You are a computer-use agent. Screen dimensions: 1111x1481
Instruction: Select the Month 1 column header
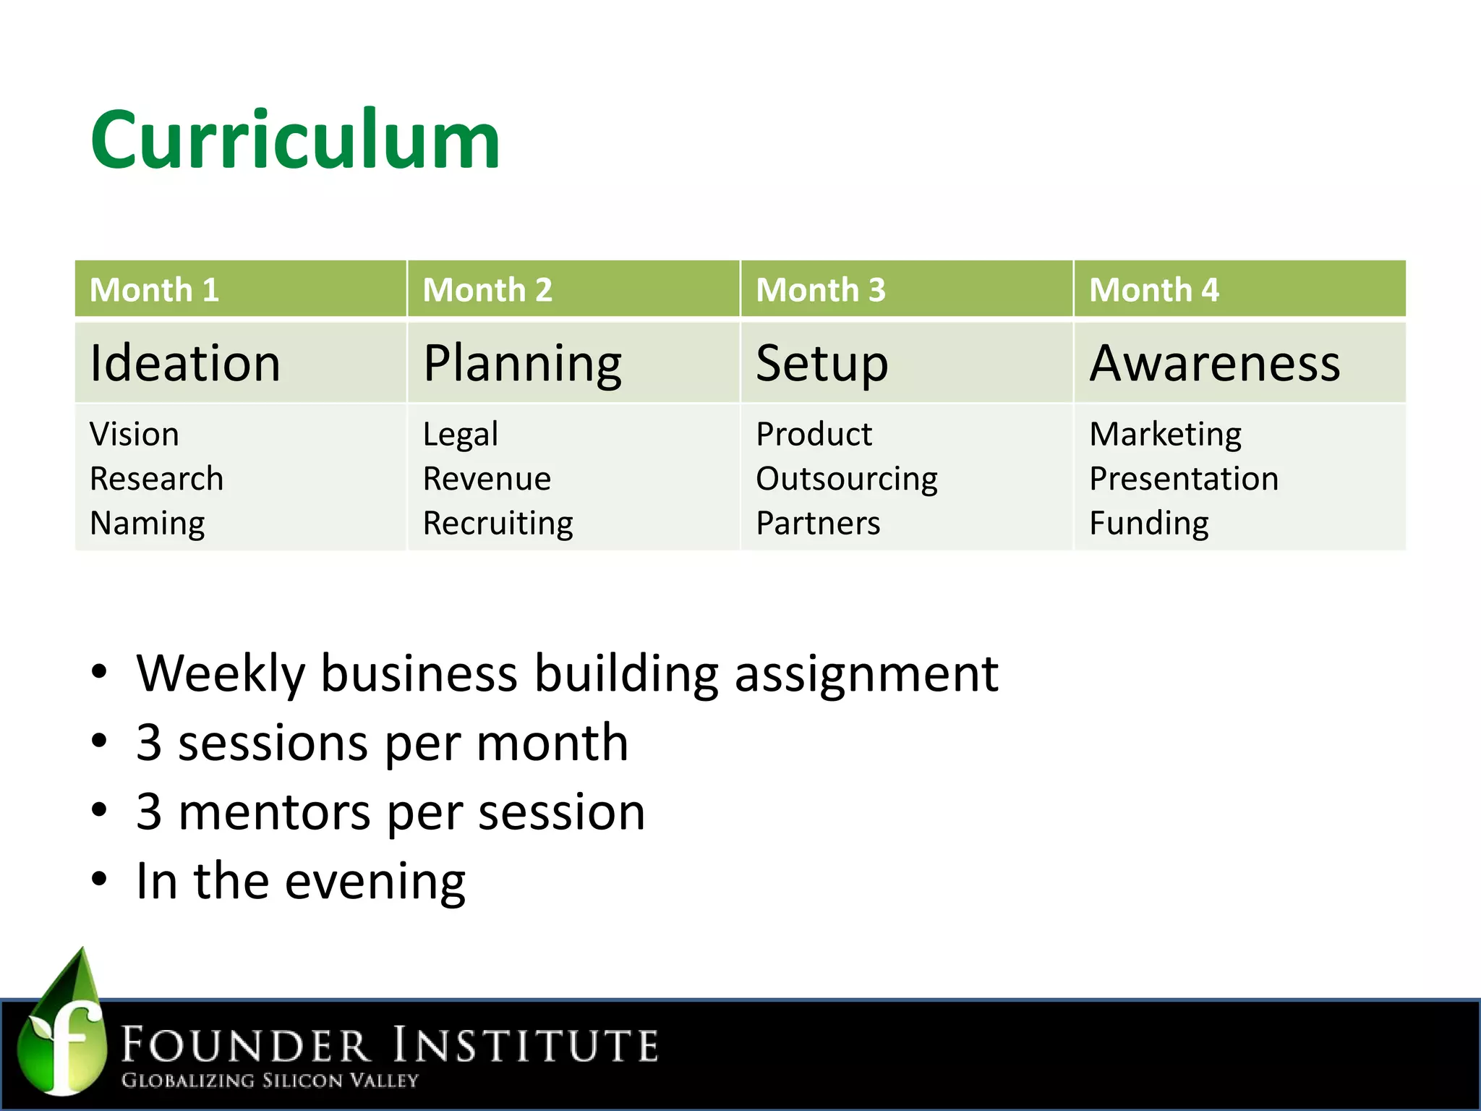click(x=154, y=290)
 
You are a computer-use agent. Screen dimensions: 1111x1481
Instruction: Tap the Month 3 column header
click(x=820, y=290)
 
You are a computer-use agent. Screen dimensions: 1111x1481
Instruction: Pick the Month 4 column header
click(x=1153, y=290)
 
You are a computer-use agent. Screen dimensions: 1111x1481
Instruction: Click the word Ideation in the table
click(x=185, y=363)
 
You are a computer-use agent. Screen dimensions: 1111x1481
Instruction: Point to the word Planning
click(x=522, y=365)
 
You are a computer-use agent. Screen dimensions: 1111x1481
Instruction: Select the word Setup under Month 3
click(x=821, y=365)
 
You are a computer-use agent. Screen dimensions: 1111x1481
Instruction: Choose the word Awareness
click(x=1215, y=363)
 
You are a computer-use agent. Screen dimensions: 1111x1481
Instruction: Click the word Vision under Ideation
click(x=135, y=435)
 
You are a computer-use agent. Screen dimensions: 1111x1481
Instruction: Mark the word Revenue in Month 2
click(x=487, y=479)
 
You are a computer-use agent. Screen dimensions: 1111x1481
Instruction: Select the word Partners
click(x=818, y=523)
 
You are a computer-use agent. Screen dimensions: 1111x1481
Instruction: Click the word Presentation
click(x=1184, y=479)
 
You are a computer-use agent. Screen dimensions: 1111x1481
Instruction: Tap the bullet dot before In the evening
click(x=99, y=880)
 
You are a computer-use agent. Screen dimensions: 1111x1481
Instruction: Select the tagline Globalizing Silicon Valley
click(x=270, y=1080)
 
